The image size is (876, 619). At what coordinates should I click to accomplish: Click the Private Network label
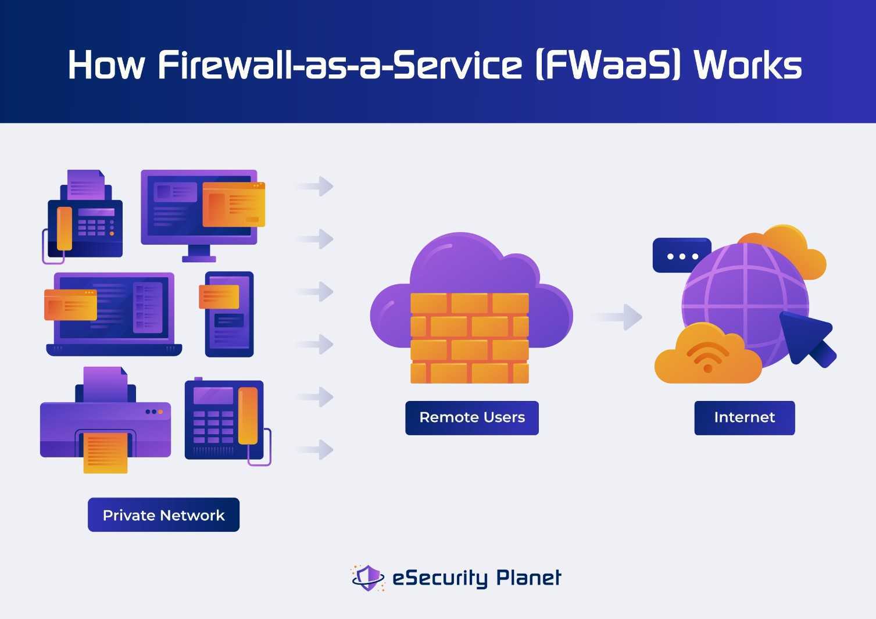tap(163, 515)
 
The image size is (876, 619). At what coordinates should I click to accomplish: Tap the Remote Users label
tap(471, 417)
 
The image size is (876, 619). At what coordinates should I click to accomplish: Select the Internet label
tap(744, 417)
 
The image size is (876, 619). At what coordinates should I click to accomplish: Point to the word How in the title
tap(106, 65)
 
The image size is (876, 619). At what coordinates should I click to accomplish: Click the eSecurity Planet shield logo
tap(368, 578)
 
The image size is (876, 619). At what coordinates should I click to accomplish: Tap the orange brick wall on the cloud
tap(469, 338)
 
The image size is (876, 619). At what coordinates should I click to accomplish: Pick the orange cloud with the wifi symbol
tap(707, 356)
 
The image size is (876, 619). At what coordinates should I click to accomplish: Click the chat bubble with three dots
tap(681, 256)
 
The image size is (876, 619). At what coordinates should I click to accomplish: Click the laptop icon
tap(114, 314)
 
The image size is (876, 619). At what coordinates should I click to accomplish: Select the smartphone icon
tap(229, 314)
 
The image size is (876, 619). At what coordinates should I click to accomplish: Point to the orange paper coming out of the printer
tap(105, 452)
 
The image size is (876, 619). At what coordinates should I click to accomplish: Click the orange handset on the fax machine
tap(64, 228)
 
